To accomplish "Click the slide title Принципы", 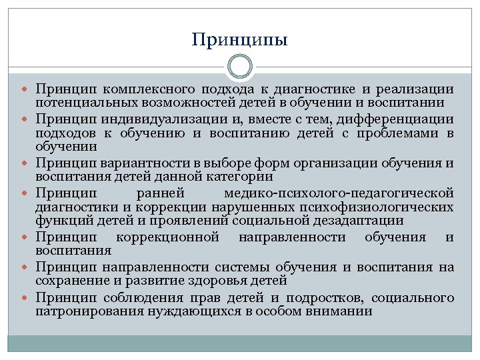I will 239,40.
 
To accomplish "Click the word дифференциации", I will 396,119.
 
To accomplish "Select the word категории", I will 240,176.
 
